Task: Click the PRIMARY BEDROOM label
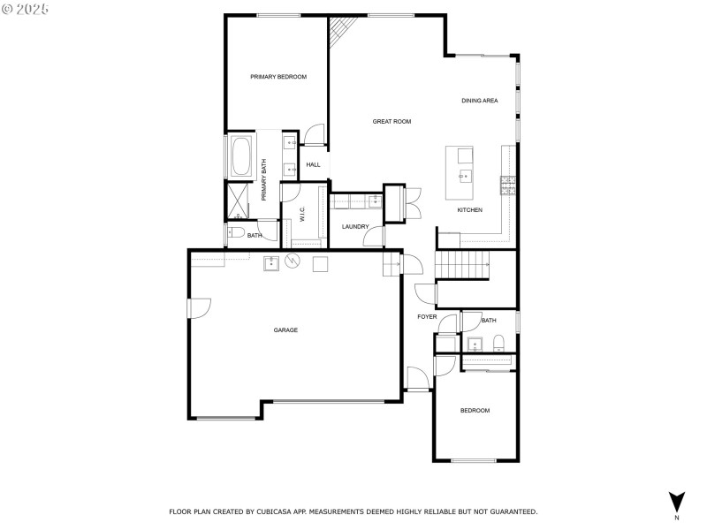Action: coord(277,78)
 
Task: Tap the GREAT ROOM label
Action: coord(392,122)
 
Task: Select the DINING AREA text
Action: coord(479,101)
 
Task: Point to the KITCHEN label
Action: coord(469,210)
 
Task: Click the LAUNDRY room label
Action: coord(355,227)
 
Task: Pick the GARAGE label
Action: coord(285,330)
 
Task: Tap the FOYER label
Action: coord(427,316)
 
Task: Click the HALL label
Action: coord(313,165)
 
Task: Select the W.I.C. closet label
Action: coord(302,215)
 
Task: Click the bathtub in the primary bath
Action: coord(241,156)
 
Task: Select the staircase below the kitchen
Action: coord(463,262)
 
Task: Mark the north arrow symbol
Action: coord(676,500)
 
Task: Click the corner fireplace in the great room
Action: coord(339,34)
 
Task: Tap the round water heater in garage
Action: coord(293,261)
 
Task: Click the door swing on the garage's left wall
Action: coord(199,308)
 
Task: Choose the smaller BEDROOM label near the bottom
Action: coord(475,411)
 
